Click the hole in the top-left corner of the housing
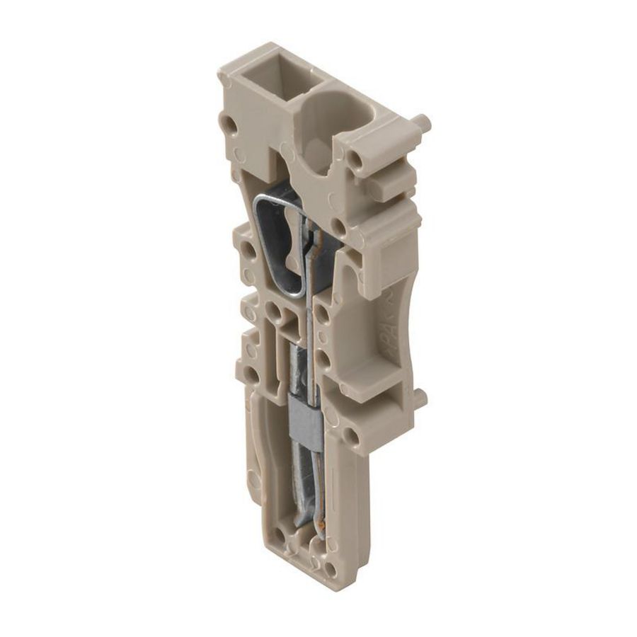229,126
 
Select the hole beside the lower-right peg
352,433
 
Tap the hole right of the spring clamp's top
340,226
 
